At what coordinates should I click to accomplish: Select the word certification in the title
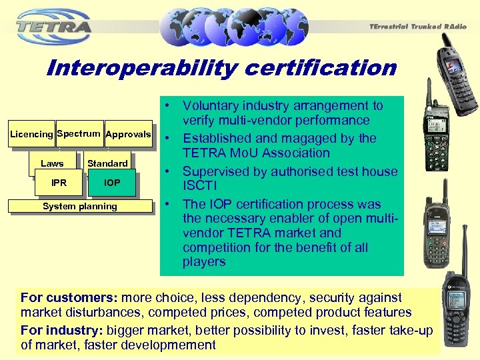click(x=334, y=68)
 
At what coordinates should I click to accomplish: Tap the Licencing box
click(x=31, y=135)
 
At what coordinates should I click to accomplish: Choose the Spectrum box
click(x=79, y=134)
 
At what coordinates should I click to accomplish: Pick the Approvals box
click(x=129, y=135)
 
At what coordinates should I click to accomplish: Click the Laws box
click(x=52, y=163)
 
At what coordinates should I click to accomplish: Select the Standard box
click(x=107, y=163)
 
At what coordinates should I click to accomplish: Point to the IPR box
click(x=59, y=183)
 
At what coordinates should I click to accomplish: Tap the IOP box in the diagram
click(x=112, y=183)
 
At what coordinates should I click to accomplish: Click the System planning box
click(x=79, y=207)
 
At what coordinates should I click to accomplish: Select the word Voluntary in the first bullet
click(x=212, y=106)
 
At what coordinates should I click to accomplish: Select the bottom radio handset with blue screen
click(x=459, y=313)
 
